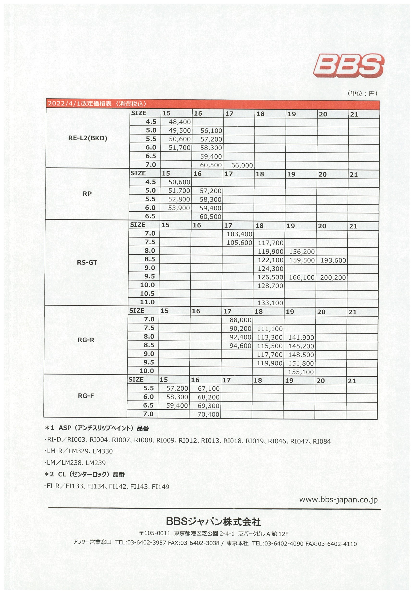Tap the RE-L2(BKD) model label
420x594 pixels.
[x=88, y=138]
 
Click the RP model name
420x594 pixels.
[x=87, y=194]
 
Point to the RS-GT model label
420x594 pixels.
[x=87, y=263]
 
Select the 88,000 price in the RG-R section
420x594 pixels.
[x=240, y=320]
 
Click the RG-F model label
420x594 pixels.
[x=86, y=396]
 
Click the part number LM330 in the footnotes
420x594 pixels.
[x=103, y=451]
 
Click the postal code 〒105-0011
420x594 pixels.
[x=155, y=533]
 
